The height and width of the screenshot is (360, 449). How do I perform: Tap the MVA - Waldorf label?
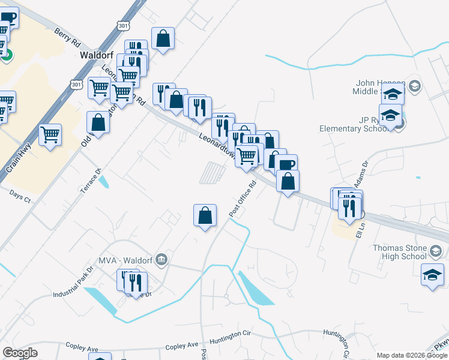[x=127, y=261]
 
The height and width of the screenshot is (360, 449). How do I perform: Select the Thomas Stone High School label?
[x=399, y=252]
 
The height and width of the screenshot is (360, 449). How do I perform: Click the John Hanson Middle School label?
[x=382, y=87]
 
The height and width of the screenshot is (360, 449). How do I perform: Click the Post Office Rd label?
[x=243, y=199]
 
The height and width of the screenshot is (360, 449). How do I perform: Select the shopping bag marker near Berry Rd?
[x=163, y=38]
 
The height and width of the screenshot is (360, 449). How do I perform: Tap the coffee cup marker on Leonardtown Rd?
[x=286, y=164]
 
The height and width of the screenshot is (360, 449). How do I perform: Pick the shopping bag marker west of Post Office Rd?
[x=205, y=215]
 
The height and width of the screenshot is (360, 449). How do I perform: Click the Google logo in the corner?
[x=20, y=353]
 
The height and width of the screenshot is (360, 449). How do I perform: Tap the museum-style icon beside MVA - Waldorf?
[x=161, y=260]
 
